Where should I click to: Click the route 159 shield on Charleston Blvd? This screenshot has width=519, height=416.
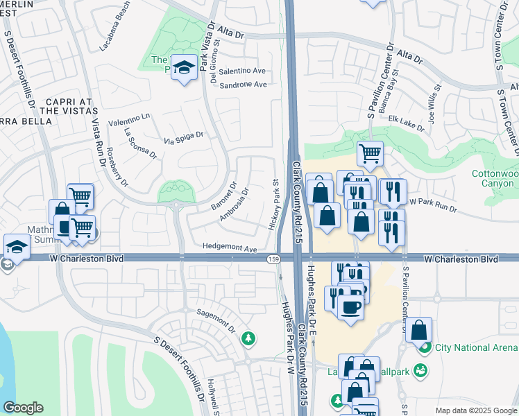(x=273, y=259)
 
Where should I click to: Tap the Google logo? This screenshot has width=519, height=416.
(x=23, y=408)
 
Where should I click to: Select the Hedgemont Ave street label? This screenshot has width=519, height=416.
(x=230, y=248)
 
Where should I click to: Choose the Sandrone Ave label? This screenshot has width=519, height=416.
(x=243, y=85)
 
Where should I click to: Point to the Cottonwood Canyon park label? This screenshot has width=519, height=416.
(x=494, y=178)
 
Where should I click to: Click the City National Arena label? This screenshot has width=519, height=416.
(x=475, y=347)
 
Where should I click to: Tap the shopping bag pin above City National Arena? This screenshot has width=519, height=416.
(x=419, y=331)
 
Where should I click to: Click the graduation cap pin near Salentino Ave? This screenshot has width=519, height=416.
(x=184, y=67)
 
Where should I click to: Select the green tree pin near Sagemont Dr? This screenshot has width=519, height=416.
(x=248, y=338)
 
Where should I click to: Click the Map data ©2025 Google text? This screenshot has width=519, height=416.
(x=475, y=410)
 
